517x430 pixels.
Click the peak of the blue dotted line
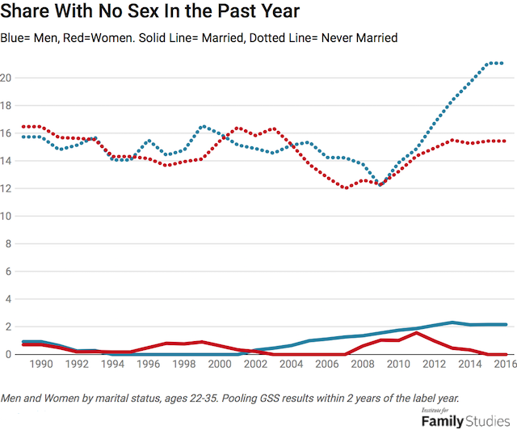(x=494, y=63)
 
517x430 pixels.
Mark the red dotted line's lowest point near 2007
(x=346, y=188)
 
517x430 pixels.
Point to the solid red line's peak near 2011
(x=415, y=333)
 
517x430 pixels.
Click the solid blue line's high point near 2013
(x=452, y=322)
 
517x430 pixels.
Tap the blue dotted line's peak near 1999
(x=203, y=126)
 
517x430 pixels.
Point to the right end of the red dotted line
(x=504, y=141)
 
